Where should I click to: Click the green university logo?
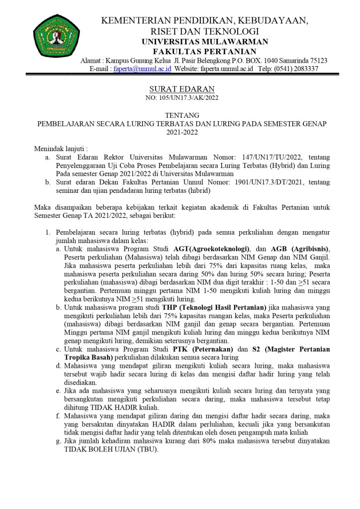(51, 38)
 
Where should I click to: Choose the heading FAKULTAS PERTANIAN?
(204, 51)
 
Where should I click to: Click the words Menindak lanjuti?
(59, 149)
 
